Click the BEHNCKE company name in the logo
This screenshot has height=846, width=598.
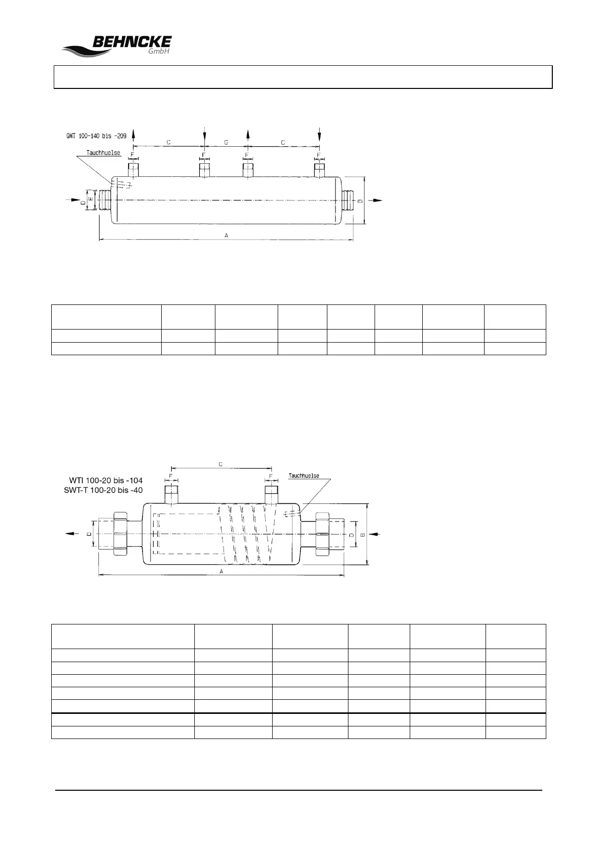132,42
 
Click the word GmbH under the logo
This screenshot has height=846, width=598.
159,52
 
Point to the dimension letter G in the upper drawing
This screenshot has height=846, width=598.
226,143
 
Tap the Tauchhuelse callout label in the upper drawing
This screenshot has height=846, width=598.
103,153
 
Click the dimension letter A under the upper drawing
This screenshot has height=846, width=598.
226,235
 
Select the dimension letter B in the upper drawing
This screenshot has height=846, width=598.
360,200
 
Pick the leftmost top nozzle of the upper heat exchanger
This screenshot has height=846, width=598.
133,169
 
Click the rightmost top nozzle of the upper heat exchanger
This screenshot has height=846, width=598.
319,169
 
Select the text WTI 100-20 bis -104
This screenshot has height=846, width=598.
105,481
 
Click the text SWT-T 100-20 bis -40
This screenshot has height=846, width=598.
105,490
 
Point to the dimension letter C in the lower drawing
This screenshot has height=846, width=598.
221,464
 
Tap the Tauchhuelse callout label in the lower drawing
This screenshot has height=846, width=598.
304,475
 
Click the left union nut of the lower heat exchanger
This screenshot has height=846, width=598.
121,534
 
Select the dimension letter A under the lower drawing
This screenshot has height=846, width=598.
221,571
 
